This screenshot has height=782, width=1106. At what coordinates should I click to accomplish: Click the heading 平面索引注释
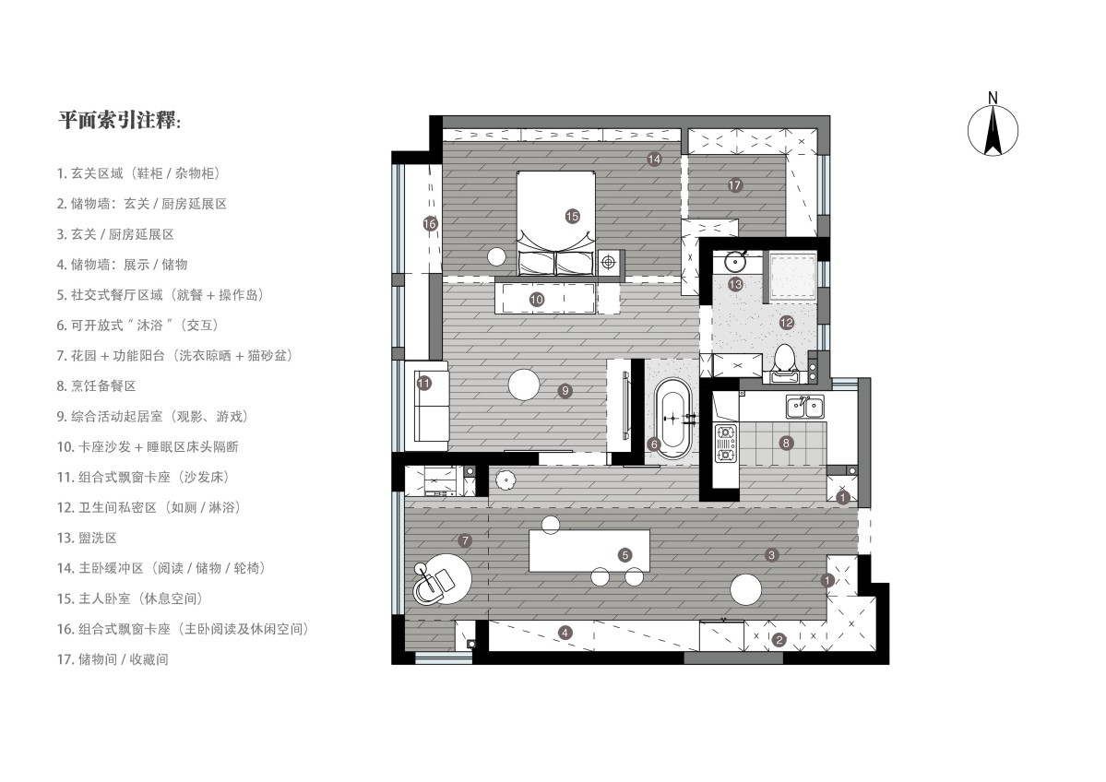(x=119, y=120)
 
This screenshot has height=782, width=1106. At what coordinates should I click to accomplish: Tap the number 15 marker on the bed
(x=572, y=217)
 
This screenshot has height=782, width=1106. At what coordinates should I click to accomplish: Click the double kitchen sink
(x=804, y=406)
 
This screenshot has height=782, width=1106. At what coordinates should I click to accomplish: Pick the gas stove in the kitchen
(x=725, y=444)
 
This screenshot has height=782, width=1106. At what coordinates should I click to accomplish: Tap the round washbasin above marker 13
(x=736, y=262)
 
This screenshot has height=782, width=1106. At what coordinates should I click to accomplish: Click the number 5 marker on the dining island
(x=624, y=555)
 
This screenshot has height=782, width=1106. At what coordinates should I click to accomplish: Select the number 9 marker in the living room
(x=565, y=390)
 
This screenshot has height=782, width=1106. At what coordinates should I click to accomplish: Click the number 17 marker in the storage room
(x=735, y=185)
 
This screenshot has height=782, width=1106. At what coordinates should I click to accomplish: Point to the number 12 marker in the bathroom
(x=787, y=322)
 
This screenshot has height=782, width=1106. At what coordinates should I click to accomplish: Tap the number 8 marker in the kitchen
(x=786, y=443)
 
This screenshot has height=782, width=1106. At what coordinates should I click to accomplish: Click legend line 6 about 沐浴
(x=137, y=326)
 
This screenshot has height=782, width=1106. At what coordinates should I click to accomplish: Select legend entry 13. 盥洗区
(x=87, y=538)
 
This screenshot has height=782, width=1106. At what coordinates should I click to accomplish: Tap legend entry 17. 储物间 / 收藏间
(x=113, y=659)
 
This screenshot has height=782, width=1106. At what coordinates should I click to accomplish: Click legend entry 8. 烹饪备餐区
(x=97, y=385)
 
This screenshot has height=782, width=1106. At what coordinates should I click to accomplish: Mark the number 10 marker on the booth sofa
(x=536, y=300)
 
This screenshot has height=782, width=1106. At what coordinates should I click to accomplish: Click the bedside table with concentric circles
(x=609, y=263)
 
